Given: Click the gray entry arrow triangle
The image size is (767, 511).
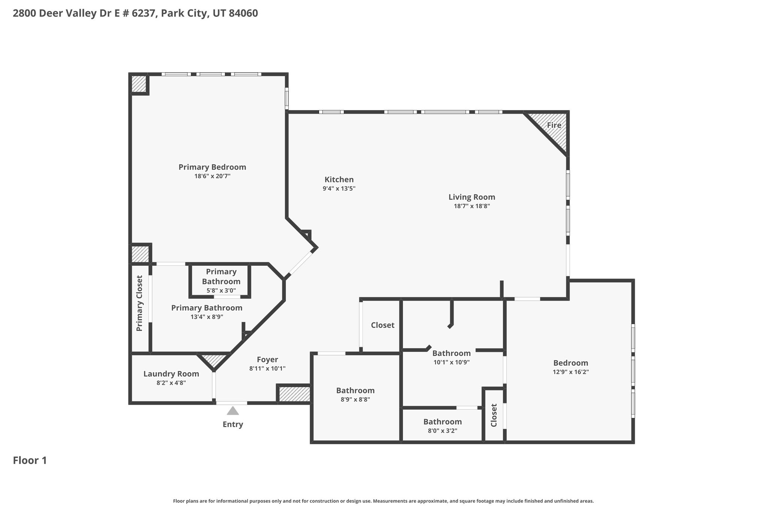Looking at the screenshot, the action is [233, 411].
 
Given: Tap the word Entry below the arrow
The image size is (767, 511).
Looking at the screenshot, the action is [233, 425].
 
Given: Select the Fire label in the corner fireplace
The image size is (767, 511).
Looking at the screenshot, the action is [554, 125].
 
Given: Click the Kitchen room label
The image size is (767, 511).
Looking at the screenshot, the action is [339, 180].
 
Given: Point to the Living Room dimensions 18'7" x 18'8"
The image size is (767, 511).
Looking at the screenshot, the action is [472, 206].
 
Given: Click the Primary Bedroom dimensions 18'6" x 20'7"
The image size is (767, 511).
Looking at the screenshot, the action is [212, 176].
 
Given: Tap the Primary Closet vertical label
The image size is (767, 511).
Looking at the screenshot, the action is [140, 304].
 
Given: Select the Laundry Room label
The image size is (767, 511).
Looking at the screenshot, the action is [171, 374].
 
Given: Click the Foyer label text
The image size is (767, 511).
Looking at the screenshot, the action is [267, 360].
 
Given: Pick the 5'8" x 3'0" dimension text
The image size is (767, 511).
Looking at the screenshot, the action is [221, 291].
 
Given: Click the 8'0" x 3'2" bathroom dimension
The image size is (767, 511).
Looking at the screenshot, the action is [442, 431].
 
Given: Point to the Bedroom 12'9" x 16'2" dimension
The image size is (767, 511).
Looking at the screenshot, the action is [571, 372].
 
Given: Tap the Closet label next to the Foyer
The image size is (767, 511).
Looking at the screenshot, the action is [383, 325].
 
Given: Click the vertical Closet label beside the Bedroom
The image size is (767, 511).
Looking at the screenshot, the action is [494, 415].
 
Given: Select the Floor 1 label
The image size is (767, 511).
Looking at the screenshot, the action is [30, 460].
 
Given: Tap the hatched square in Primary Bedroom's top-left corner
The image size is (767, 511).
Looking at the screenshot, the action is [139, 84].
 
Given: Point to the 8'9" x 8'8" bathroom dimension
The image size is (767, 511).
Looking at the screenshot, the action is [355, 399].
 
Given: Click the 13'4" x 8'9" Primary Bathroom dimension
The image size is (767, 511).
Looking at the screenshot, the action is [207, 317].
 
